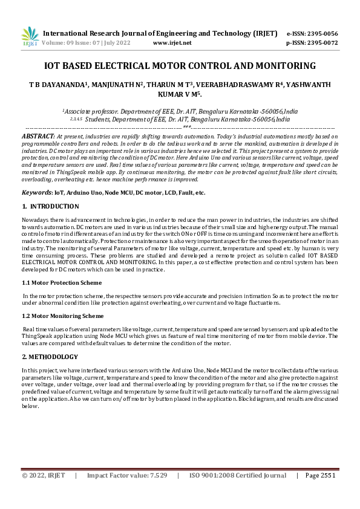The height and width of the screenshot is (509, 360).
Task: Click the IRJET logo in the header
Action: tap(30, 37)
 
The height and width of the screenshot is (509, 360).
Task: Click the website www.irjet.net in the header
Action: tap(172, 43)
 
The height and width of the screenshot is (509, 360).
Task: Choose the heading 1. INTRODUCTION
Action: tap(46, 207)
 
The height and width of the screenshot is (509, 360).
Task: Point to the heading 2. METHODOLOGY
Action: tap(50, 357)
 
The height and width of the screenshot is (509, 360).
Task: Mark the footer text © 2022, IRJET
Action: tap(43, 493)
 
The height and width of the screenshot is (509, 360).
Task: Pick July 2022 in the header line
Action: tap(120, 43)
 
